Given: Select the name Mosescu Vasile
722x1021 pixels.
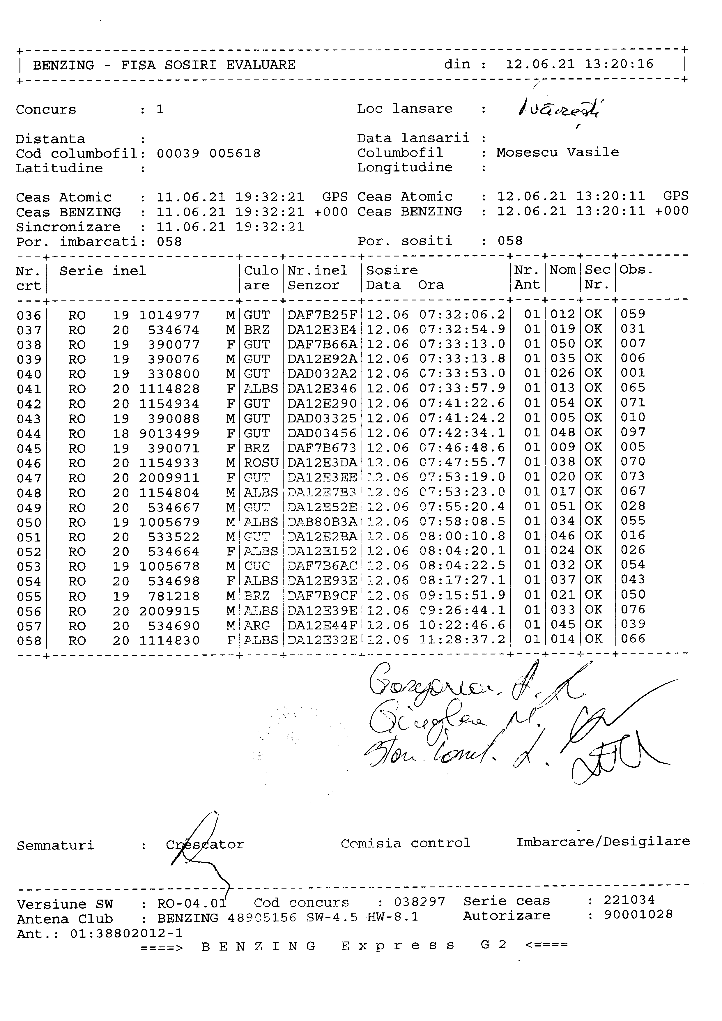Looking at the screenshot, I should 558,153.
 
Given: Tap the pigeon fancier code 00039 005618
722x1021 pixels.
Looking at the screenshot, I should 208,154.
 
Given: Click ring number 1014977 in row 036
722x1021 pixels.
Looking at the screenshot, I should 169,315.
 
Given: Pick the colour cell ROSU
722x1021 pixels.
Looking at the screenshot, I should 261,463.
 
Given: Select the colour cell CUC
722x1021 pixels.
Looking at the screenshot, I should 257,566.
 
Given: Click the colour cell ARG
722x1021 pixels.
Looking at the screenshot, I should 257,626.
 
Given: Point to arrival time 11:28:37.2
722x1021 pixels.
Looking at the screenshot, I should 462,639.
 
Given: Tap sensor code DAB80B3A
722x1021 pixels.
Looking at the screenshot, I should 322,522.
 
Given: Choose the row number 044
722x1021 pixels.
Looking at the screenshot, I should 29,434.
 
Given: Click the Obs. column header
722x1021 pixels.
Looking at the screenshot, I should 636,270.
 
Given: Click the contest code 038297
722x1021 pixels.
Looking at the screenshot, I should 419,902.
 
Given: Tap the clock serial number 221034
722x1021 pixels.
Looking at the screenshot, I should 629,900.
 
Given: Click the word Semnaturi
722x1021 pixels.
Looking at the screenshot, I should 56,845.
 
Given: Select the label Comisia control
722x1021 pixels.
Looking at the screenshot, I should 406,843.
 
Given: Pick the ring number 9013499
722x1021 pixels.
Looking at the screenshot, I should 169,433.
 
